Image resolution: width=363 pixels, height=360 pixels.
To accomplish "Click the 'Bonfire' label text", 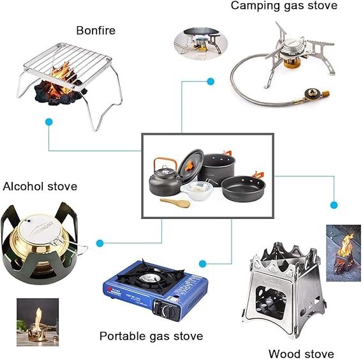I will [x=96, y=30].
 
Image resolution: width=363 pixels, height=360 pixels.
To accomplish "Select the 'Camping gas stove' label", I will [x=284, y=6].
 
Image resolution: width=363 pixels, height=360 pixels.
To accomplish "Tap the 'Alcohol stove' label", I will [x=40, y=186].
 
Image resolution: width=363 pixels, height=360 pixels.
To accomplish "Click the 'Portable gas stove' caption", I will [x=151, y=336].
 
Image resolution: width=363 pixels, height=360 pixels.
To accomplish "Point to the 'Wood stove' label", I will [x=300, y=353].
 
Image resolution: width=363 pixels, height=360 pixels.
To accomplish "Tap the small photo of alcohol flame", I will [x=33, y=319].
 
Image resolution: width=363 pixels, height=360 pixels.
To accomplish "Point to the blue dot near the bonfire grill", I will [x=49, y=121].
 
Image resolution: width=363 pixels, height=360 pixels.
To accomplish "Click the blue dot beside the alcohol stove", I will [x=100, y=243].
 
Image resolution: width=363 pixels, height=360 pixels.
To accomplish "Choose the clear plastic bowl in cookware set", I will [x=200, y=191].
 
